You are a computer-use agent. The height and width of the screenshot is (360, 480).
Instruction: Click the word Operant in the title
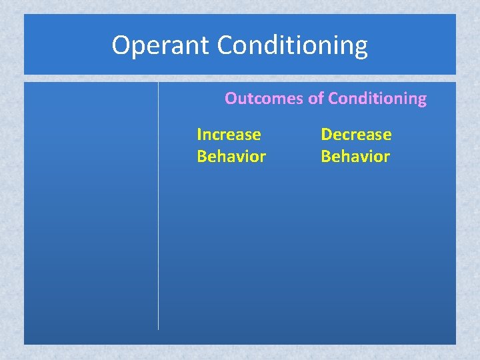point(161,45)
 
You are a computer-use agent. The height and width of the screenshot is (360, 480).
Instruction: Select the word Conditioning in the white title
point(292,46)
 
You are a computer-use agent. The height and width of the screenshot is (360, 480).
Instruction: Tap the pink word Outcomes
point(263,99)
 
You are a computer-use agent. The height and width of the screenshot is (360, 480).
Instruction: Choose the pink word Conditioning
point(377,99)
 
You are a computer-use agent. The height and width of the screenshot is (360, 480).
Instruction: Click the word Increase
point(229,135)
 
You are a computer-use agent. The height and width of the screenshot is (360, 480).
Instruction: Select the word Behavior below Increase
point(231,157)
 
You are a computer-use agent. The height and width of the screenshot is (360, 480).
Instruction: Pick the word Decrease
point(356,135)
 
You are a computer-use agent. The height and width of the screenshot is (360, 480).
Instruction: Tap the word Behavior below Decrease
point(355,157)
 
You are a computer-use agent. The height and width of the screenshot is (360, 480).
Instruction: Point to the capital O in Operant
point(121,45)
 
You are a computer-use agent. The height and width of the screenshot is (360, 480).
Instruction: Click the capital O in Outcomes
point(231,99)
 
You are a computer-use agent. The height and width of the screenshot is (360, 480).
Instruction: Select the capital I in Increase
point(199,135)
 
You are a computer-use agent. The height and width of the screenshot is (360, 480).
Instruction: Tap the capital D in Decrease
point(326,135)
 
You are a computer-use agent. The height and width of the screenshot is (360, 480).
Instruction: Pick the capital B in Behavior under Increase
point(201,157)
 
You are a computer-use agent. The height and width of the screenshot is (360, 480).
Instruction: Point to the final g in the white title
point(360,48)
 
